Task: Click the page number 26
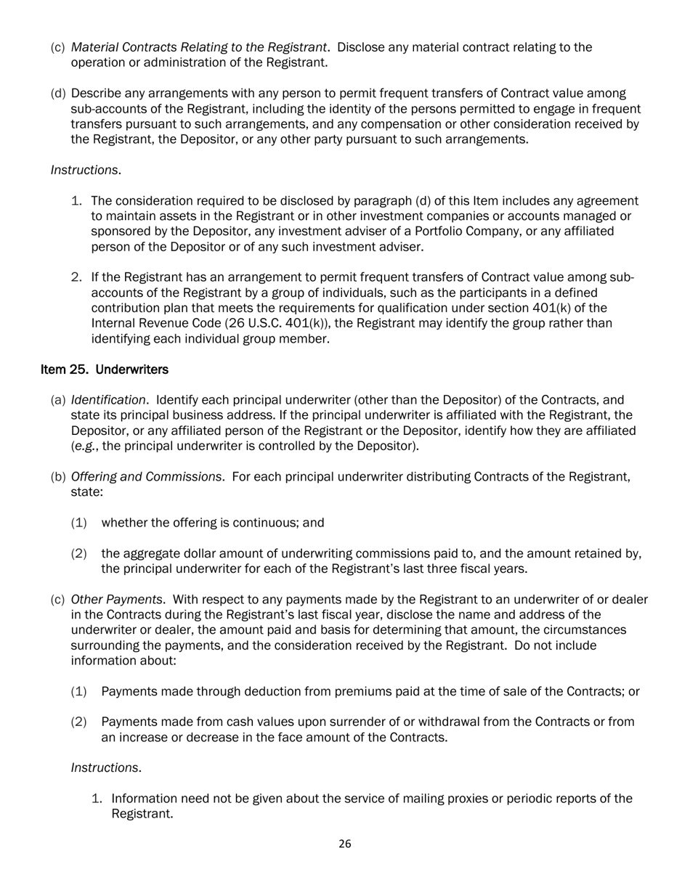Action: tap(345, 844)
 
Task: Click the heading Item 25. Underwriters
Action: tap(105, 370)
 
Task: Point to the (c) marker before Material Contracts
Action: tap(57, 47)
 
